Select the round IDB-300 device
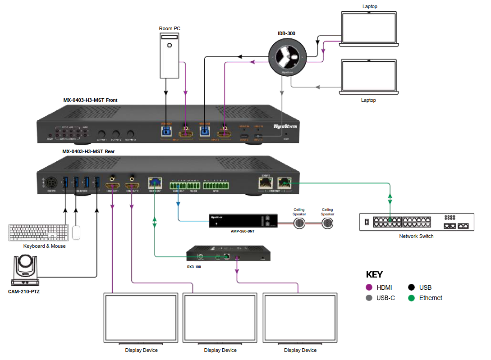[287, 57]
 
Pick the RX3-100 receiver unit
[228, 253]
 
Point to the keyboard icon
[38, 232]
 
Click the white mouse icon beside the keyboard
[76, 232]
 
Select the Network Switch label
[416, 236]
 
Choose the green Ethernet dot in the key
[411, 298]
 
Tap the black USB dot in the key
[411, 287]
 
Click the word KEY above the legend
[374, 275]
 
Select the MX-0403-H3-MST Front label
[90, 100]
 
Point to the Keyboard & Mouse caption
[45, 246]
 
